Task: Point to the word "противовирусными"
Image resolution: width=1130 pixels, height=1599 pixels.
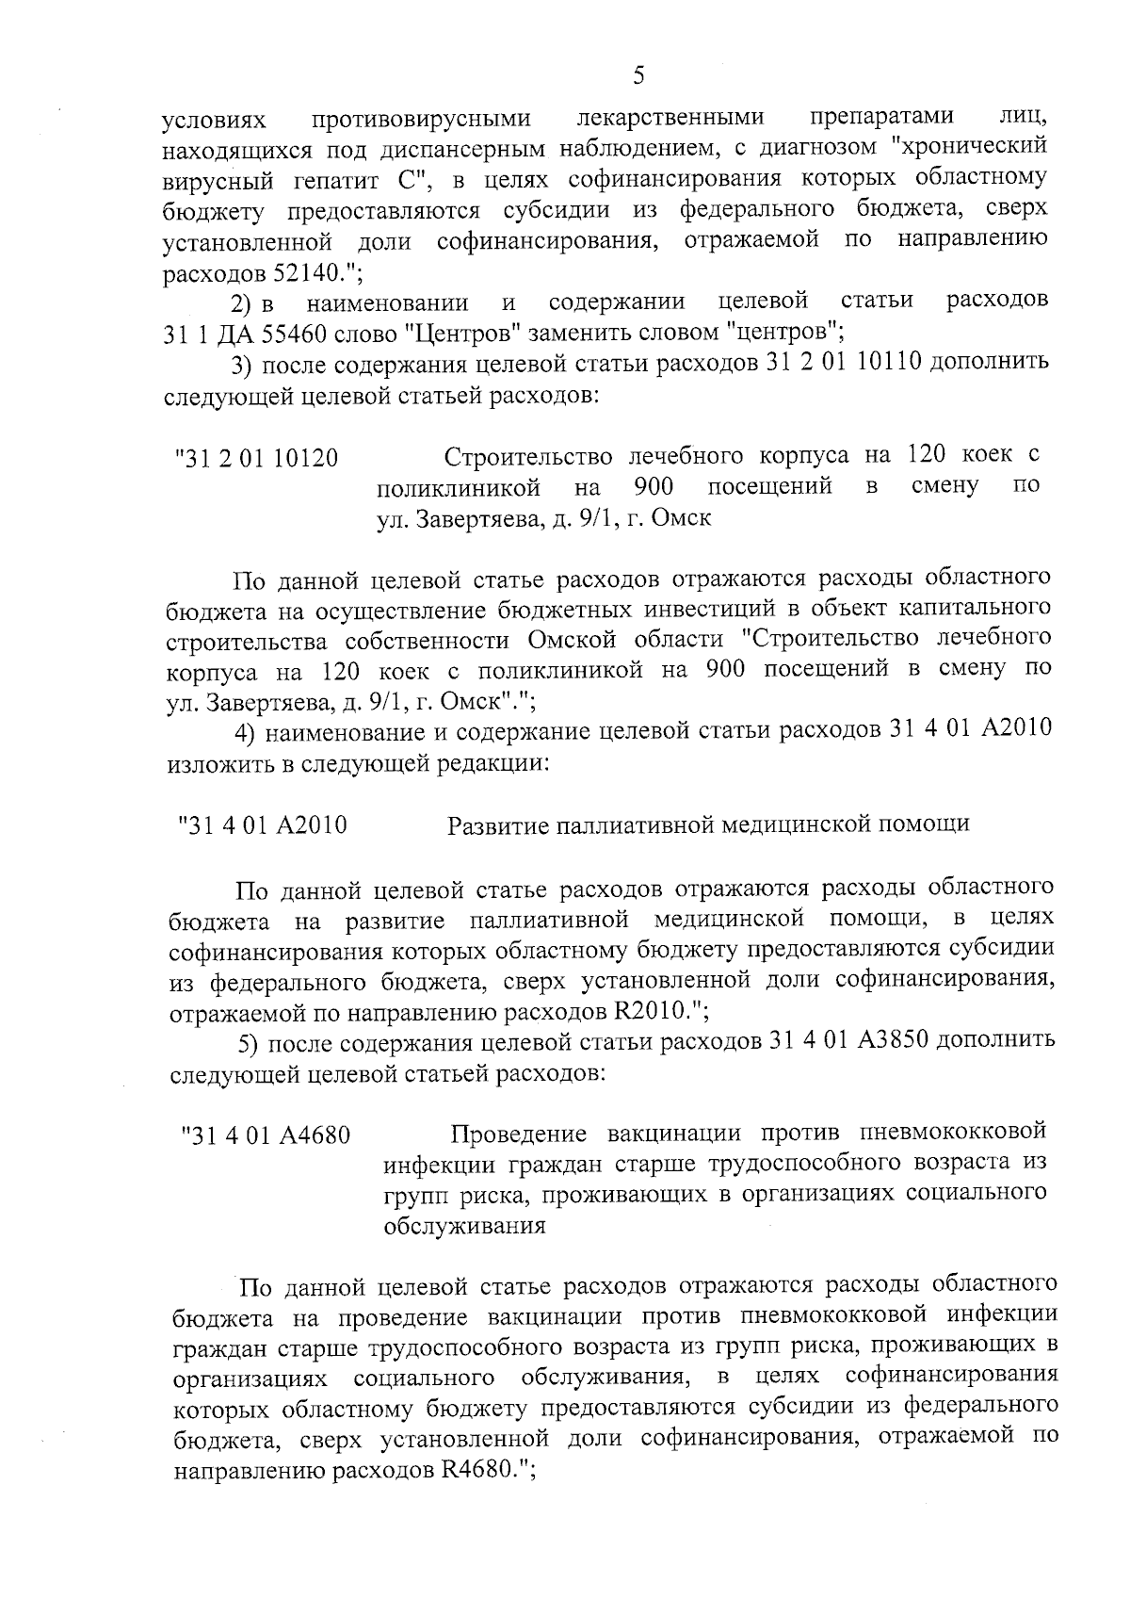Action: click(420, 119)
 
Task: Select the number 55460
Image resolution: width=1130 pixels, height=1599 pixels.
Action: click(277, 332)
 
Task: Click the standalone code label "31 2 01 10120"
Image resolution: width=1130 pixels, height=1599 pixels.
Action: click(256, 459)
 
